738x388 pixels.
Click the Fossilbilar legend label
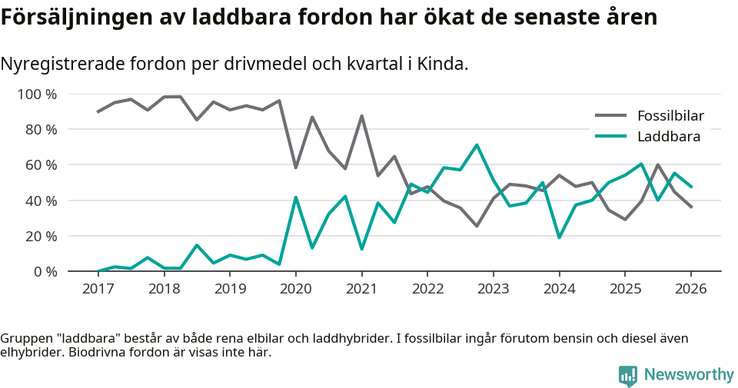[x=670, y=116]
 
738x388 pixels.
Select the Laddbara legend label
[x=668, y=137]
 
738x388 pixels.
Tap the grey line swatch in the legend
[x=612, y=116]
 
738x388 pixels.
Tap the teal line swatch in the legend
[x=612, y=137]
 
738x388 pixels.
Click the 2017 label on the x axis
[x=98, y=289]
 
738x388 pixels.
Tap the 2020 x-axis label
[x=295, y=289]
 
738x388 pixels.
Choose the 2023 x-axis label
[x=493, y=289]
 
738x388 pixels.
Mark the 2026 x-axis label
[x=690, y=289]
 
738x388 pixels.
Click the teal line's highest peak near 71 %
[x=477, y=144]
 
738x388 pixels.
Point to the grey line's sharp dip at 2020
[x=295, y=167]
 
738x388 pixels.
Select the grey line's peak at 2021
[x=361, y=116]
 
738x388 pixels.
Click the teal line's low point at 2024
[x=559, y=237]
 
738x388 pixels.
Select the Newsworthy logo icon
[x=628, y=375]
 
